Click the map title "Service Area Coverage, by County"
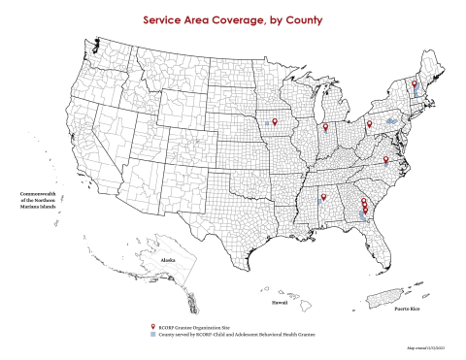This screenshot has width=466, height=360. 233,18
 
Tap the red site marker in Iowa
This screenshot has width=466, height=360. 275,121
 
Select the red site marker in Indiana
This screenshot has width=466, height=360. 325,127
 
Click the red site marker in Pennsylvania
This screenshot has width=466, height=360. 369,124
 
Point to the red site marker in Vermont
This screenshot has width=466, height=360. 414,85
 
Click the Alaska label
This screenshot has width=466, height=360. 168,261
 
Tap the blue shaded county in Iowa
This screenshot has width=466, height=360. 266,124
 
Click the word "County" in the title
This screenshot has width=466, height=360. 301,18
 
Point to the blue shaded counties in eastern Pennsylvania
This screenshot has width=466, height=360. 391,120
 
